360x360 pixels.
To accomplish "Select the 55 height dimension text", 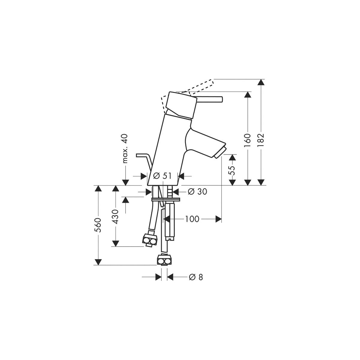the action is [x=232, y=170].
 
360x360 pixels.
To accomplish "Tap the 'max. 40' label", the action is [x=125, y=148].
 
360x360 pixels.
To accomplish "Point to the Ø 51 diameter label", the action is [x=162, y=176].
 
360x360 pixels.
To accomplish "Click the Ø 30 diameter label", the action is [x=197, y=191].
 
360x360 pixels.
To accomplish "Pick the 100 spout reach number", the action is [x=192, y=219].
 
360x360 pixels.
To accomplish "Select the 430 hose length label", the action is [x=115, y=217].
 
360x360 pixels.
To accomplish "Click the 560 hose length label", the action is [x=98, y=225].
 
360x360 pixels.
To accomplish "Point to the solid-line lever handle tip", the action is [x=222, y=99].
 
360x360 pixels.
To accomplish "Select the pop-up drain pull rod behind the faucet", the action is [x=144, y=163].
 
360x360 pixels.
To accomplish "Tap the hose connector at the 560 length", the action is [x=164, y=260].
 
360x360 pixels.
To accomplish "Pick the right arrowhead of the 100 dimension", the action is [x=219, y=219].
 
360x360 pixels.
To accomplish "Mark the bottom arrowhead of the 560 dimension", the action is [x=98, y=262].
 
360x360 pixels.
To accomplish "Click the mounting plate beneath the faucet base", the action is [x=166, y=199].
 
